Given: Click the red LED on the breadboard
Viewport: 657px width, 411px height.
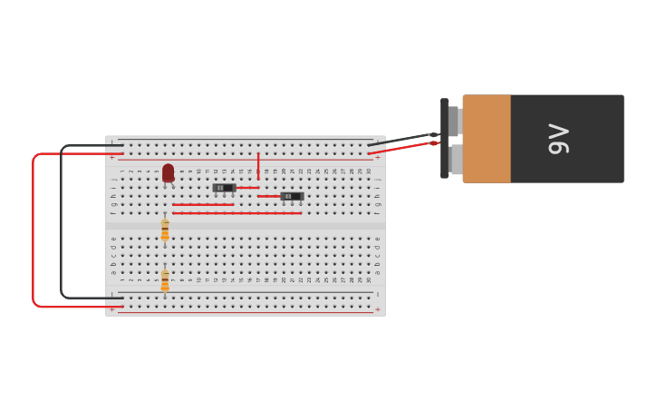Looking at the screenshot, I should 168,172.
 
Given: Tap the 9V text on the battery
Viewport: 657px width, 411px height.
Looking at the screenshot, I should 559,139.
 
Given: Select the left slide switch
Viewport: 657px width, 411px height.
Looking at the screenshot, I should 224,188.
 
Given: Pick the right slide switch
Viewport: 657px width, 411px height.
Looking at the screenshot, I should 292,196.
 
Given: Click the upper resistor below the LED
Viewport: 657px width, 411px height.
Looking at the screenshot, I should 165,230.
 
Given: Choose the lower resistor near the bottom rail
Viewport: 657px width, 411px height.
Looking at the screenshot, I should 165,280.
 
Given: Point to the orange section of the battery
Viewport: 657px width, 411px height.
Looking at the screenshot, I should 487,139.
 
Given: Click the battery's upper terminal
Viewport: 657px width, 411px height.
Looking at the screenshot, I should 455,121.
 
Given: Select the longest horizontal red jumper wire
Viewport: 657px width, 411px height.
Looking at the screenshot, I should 237,213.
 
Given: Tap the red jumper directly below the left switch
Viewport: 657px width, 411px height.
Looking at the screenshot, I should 203,205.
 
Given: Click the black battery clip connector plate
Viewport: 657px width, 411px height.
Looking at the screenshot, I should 444,138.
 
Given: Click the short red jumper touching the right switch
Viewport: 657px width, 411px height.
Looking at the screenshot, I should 268,196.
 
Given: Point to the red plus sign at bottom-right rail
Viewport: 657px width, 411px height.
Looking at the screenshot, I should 378,309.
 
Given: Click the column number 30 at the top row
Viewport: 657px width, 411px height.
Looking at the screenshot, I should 369,171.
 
